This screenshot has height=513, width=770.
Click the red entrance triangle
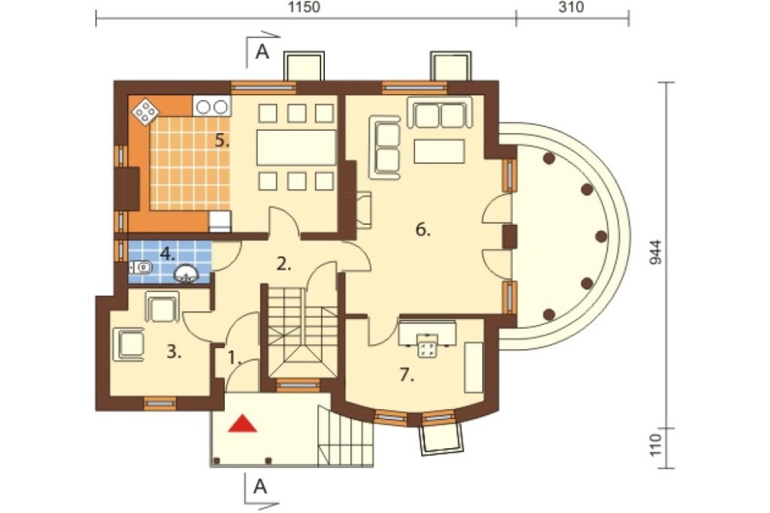pyautogui.click(x=243, y=424)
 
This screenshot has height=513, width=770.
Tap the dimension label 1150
pyautogui.click(x=304, y=8)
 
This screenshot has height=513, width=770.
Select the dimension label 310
pyautogui.click(x=571, y=8)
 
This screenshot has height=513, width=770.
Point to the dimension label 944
pyautogui.click(x=656, y=253)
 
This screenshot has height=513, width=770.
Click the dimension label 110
pyautogui.click(x=656, y=444)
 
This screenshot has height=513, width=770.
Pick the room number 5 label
pyautogui.click(x=222, y=140)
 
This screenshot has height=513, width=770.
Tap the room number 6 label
pyautogui.click(x=423, y=229)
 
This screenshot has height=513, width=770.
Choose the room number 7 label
pyautogui.click(x=407, y=375)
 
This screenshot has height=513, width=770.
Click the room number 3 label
pyautogui.click(x=174, y=352)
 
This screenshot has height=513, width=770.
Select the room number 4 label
pyautogui.click(x=167, y=254)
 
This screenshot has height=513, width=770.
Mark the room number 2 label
pyautogui.click(x=284, y=264)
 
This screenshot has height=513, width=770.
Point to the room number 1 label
pyautogui.click(x=235, y=358)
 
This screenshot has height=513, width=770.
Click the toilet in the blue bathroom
pyautogui.click(x=142, y=268)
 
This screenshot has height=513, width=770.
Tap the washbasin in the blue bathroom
pyautogui.click(x=186, y=274)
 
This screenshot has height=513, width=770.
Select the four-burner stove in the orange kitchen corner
pyautogui.click(x=146, y=112)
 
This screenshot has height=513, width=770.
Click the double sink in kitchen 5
pyautogui.click(x=213, y=106)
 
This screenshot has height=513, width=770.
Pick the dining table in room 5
pyautogui.click(x=296, y=147)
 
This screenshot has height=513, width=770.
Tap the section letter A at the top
pyautogui.click(x=263, y=52)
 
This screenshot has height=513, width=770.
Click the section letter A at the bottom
pyautogui.click(x=260, y=487)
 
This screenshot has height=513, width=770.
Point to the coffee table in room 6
pyautogui.click(x=440, y=151)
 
